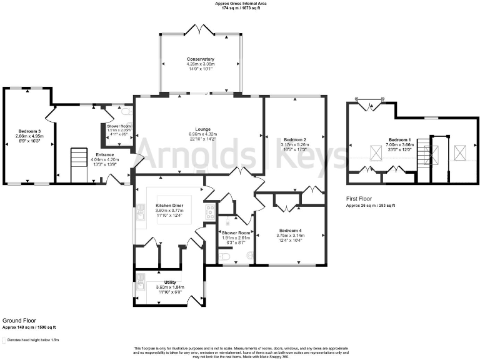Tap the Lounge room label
[199, 129]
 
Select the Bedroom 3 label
[29, 132]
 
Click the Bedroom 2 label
[294, 139]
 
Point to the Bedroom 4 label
[291, 230]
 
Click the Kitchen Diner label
[169, 206]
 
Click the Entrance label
[104, 154]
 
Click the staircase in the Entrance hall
[79, 165]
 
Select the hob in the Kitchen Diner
[210, 209]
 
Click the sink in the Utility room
[141, 286]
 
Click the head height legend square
[4, 341]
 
